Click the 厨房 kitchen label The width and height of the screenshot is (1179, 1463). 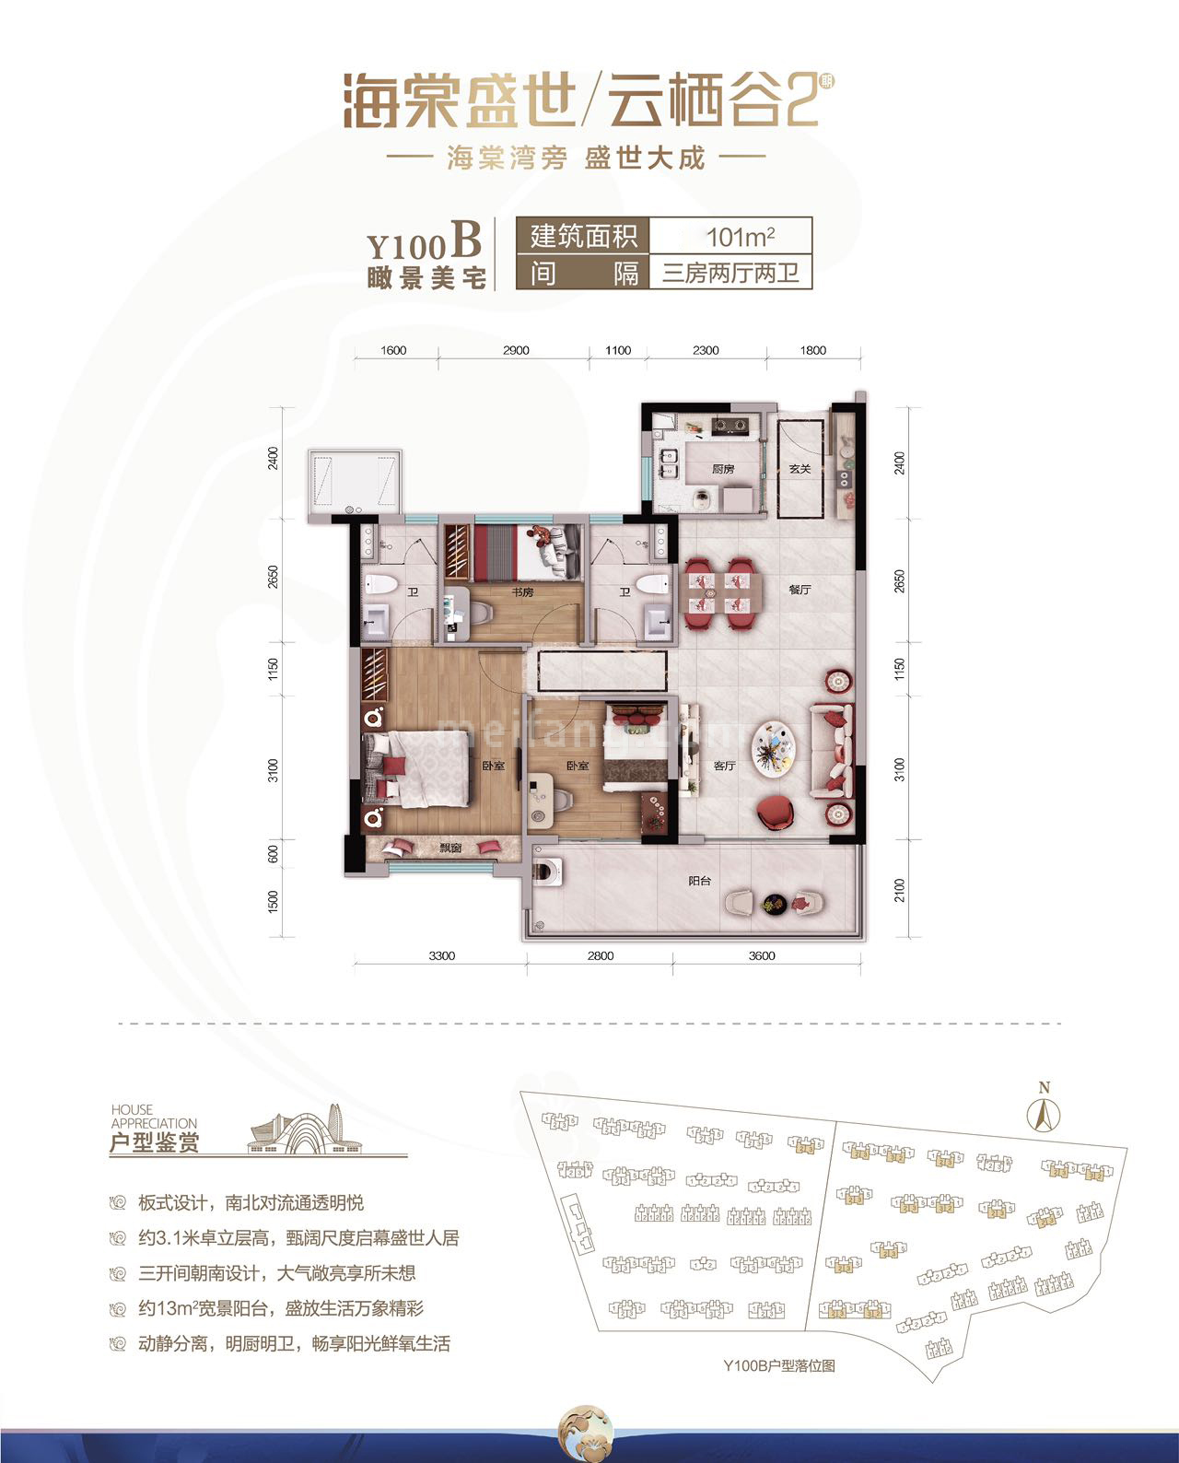[723, 469]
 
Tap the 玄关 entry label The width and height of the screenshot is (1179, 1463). [800, 469]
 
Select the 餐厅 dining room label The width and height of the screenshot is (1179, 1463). [800, 590]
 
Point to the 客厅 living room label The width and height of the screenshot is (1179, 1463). [725, 766]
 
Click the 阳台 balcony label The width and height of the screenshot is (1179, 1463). [700, 881]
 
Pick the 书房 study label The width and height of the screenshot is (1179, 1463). [522, 591]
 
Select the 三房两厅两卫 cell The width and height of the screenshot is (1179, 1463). [730, 274]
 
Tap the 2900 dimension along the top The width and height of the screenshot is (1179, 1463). [516, 350]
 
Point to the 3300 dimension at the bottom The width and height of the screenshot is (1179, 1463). [441, 955]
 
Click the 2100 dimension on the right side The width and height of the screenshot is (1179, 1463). [900, 890]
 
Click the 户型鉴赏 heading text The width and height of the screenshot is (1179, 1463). [154, 1143]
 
